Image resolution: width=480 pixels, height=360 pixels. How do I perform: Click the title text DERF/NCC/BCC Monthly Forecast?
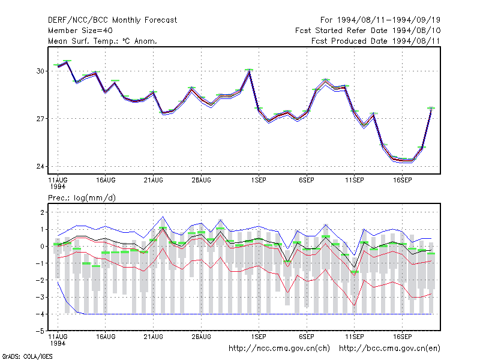112,20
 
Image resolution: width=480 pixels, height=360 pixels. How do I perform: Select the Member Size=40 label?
80,31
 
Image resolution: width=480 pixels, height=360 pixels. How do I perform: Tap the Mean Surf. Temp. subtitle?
102,41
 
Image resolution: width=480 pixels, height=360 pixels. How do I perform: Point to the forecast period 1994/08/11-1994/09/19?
380,20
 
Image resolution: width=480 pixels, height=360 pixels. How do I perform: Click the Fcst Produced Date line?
376,41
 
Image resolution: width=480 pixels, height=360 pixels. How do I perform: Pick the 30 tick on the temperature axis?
40,71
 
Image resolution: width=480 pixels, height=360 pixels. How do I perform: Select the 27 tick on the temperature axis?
40,119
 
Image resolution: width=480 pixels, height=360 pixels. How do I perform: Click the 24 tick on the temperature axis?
40,167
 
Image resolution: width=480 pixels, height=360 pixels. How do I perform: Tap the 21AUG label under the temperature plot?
154,181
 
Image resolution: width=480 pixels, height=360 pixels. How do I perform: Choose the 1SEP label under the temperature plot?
259,181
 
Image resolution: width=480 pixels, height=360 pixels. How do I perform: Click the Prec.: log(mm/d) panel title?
82,198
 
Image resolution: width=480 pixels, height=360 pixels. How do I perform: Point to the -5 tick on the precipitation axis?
40,331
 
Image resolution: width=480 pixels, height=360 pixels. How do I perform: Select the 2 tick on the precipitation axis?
42,212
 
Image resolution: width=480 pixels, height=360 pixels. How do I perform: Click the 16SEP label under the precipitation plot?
402,337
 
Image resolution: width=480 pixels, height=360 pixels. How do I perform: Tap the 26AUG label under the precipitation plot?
201,337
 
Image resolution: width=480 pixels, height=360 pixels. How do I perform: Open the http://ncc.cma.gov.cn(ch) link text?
279,349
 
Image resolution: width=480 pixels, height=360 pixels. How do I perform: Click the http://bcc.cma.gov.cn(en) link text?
389,349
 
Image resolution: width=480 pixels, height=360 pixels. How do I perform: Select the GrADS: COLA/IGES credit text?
27,356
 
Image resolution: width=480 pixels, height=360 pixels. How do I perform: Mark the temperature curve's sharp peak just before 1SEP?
249,70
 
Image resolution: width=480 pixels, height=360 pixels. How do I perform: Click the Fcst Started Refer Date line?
368,31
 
